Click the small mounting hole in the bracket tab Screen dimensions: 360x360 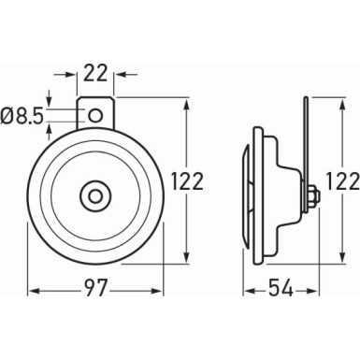[95, 115]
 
